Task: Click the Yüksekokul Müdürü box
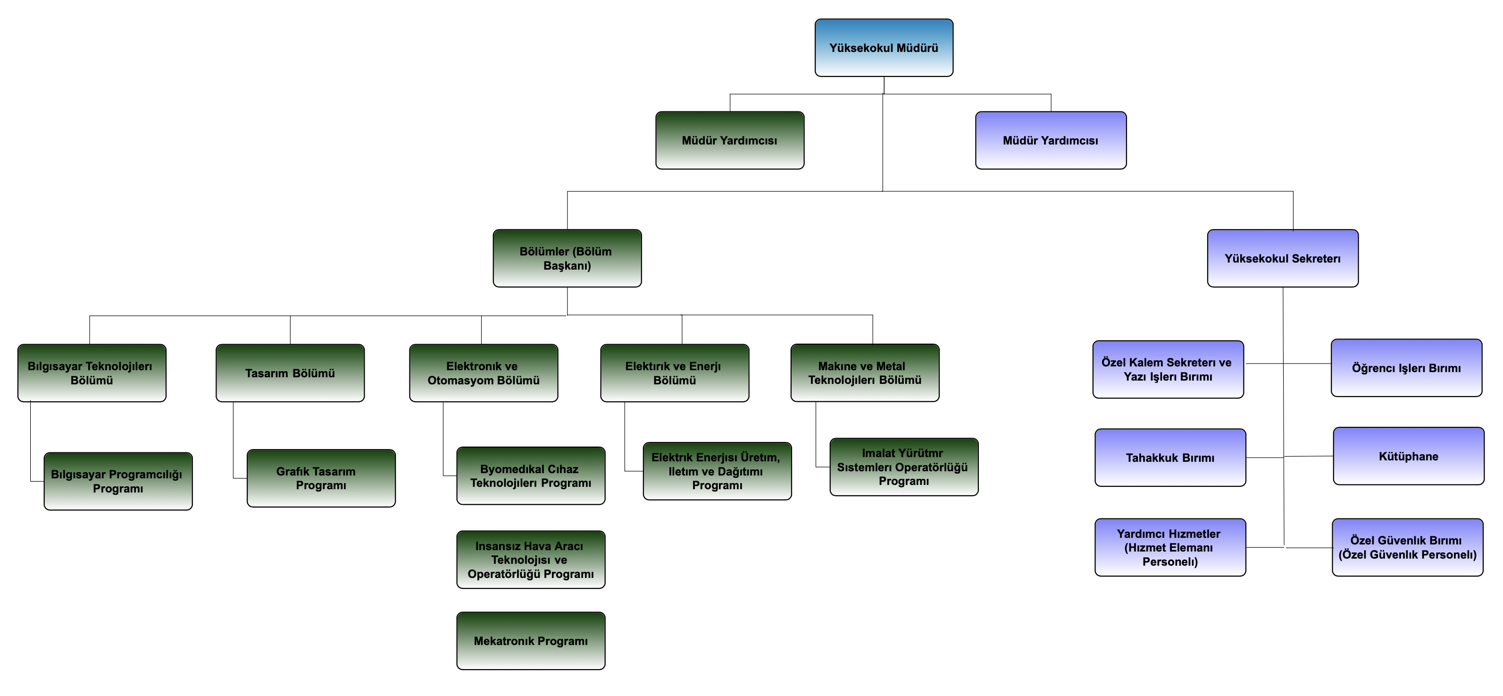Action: [x=884, y=48]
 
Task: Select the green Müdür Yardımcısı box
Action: [x=729, y=140]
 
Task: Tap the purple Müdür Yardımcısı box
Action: [x=1050, y=140]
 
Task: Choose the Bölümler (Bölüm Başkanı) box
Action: [x=567, y=258]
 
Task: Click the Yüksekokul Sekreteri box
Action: [x=1282, y=258]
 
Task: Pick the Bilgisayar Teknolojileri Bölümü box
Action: [x=92, y=373]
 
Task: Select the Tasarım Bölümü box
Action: [x=290, y=373]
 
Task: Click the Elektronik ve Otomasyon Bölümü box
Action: [x=483, y=373]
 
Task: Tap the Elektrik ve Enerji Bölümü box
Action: [x=675, y=373]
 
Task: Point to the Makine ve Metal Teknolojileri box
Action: [x=865, y=373]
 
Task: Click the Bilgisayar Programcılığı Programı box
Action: [x=118, y=481]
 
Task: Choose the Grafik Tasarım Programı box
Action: [x=321, y=478]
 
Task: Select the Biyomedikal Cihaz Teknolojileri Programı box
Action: [x=530, y=476]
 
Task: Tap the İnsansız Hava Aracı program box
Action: [x=530, y=560]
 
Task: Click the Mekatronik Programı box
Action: [x=530, y=641]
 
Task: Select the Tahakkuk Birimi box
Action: [x=1170, y=458]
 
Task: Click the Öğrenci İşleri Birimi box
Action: [x=1406, y=368]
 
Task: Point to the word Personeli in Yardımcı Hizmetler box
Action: [x=1170, y=562]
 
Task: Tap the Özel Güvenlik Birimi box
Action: [x=1407, y=547]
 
